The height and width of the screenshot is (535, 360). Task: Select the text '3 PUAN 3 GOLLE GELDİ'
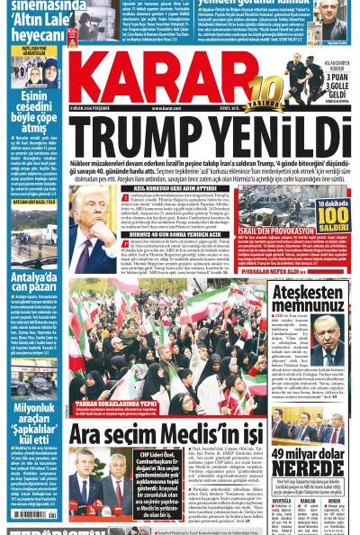tap(330, 89)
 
